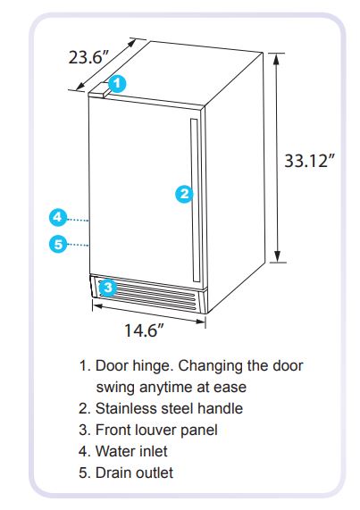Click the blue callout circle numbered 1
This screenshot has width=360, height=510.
point(117,84)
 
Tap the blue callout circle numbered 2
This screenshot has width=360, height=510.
point(184,194)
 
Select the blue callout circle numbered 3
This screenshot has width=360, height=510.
point(107,288)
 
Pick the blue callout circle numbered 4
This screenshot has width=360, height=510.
point(58,217)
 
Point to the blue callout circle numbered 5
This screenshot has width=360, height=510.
point(58,244)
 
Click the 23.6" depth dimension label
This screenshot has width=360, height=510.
point(88,57)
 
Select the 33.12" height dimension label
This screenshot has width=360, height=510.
point(310,161)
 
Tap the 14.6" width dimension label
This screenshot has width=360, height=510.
point(144,330)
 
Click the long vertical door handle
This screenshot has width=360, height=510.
point(195,200)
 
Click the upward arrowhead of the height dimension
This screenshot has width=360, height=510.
point(276,59)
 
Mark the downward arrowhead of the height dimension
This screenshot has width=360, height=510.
point(277,256)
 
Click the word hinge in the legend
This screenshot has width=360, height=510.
point(153,366)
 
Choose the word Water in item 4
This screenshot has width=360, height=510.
point(115,451)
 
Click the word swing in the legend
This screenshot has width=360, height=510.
point(115,388)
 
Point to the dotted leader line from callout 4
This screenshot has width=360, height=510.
point(78,221)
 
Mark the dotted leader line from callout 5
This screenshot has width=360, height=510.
point(78,244)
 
